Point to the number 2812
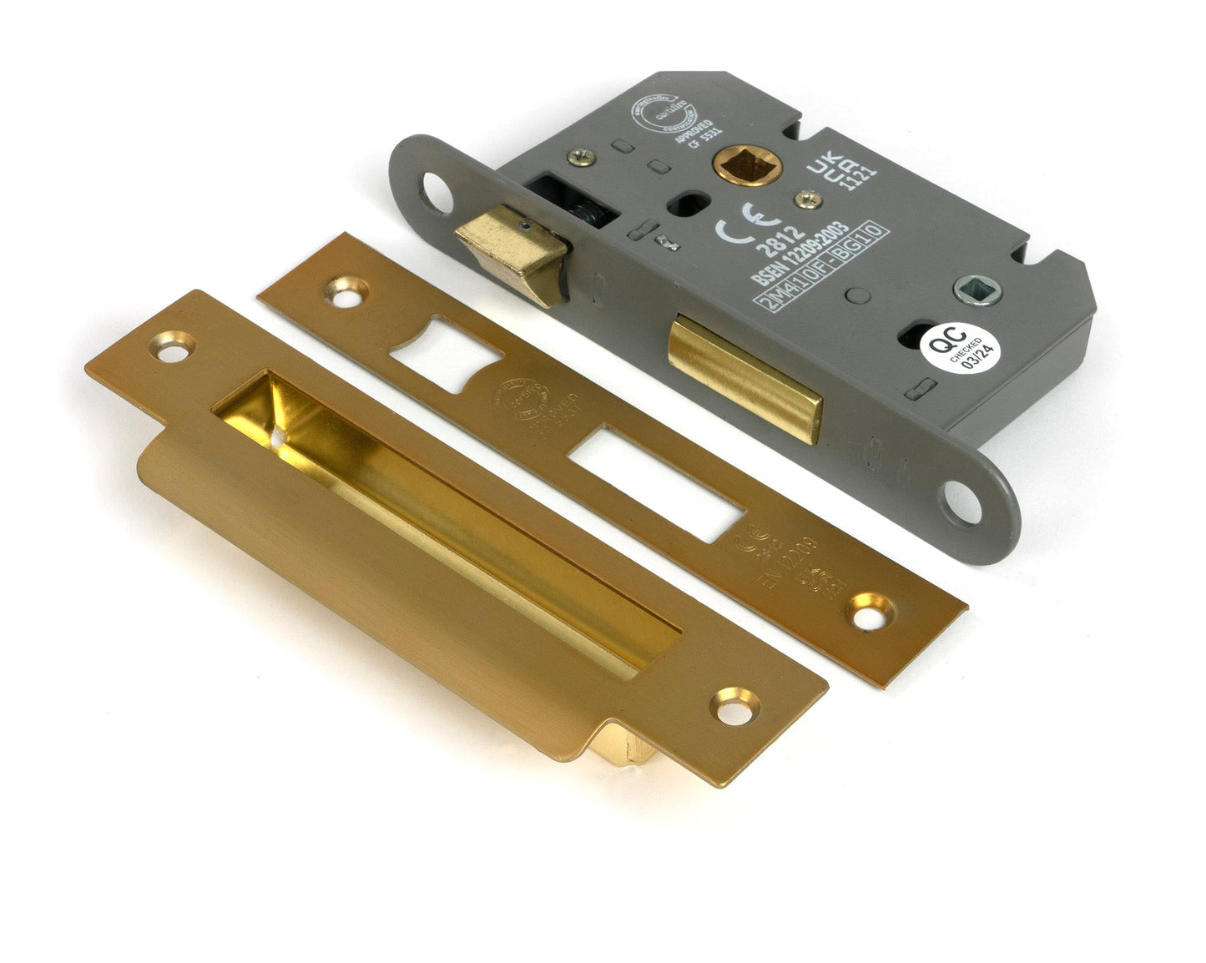780,241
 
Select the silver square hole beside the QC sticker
976,290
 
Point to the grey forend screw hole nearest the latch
436,191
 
